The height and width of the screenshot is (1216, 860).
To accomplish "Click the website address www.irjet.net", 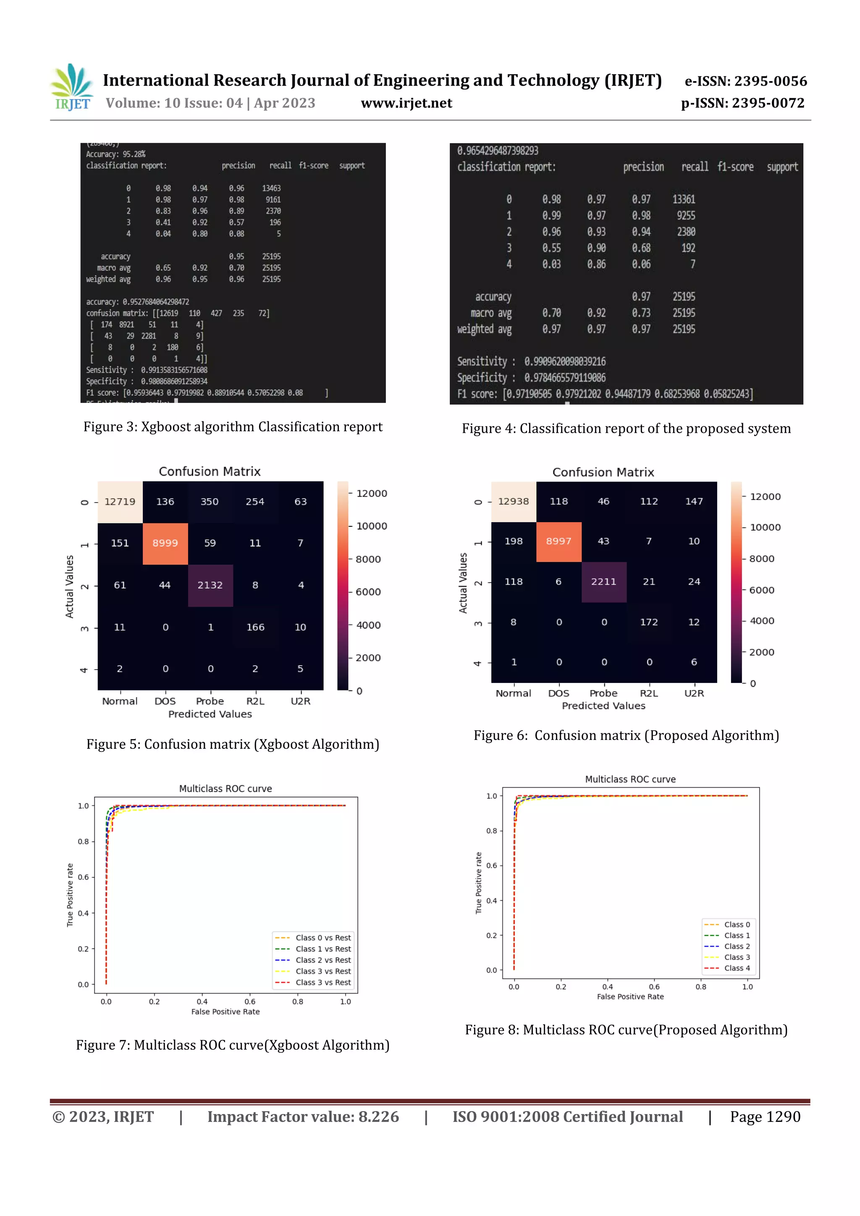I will pos(406,103).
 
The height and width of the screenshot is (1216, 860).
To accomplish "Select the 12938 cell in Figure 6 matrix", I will pos(514,502).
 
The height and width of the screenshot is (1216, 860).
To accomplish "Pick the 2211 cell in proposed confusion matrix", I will pos(603,581).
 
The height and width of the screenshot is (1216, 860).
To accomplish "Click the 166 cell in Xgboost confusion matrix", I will pos(255,627).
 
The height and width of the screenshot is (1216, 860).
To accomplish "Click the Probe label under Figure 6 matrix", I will pos(603,693).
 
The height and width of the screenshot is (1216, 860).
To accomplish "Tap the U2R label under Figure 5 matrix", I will pos(300,701).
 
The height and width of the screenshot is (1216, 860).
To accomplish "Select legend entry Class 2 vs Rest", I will pos(322,960).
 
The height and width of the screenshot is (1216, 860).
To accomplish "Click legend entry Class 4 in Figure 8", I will pos(737,968).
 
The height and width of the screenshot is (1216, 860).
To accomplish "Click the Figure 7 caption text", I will pos(233,1045).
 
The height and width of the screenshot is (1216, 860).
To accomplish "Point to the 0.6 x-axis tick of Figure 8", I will pos(654,987).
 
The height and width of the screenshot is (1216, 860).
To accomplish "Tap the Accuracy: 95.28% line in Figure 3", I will pos(116,154).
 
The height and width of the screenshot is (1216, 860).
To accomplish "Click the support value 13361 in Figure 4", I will pos(684,199).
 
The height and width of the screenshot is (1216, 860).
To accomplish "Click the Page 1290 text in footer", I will pos(765,1117).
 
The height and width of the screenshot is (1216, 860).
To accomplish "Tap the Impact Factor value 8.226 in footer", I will pos(303,1117).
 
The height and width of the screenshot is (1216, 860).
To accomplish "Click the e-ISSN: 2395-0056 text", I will pos(745,81).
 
